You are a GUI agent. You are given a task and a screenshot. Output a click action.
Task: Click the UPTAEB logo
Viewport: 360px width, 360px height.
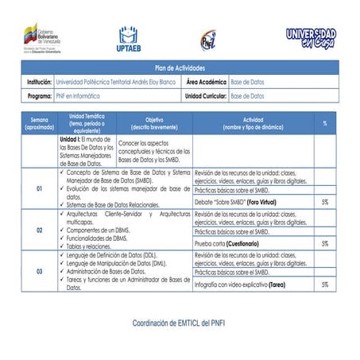coord(130,38)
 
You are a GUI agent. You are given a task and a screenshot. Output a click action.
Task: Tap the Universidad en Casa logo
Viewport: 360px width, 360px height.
coord(310,37)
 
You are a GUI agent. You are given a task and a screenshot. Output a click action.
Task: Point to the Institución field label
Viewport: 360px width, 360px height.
coord(39,83)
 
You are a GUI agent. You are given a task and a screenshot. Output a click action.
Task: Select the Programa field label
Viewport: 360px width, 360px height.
coord(40,95)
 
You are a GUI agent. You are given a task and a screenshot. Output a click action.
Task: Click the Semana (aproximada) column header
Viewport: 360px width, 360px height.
coord(40,123)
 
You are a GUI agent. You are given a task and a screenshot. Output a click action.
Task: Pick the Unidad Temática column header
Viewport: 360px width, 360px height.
coord(87,123)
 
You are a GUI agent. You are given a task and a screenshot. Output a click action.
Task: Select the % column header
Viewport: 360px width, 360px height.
coord(325,123)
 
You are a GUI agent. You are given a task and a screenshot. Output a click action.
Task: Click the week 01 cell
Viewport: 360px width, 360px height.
coord(40,189)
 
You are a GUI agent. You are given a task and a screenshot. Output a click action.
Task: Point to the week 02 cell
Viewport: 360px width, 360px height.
coord(40,230)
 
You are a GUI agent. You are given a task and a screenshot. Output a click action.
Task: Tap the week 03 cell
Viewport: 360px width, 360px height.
coord(40,271)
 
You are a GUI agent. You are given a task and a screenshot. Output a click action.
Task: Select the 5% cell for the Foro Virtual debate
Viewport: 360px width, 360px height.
coord(325,203)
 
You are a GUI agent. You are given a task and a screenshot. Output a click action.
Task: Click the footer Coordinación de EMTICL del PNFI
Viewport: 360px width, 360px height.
coord(180,323)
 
